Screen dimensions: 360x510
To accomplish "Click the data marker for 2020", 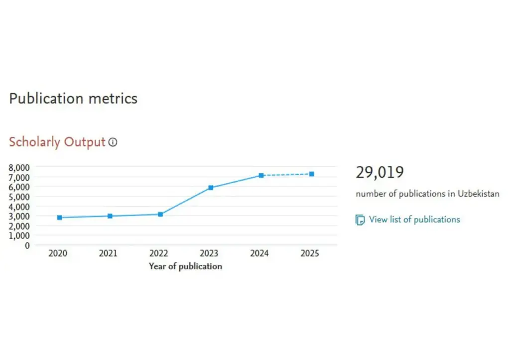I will tap(60, 218).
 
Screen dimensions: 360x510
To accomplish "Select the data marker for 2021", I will tap(110, 216).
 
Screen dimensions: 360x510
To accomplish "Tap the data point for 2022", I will tap(160, 214).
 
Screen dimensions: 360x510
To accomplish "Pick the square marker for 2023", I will tap(211, 188).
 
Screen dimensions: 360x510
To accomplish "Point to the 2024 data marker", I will tap(261, 175).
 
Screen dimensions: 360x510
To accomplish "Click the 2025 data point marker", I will tap(312, 174).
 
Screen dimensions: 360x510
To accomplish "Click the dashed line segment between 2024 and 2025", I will tap(286, 175).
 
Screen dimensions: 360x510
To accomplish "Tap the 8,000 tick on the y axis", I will tap(19, 167).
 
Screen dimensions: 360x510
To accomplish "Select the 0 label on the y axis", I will tap(27, 245).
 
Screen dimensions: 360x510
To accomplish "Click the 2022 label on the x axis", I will tap(158, 253).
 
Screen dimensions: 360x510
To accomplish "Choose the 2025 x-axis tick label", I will tap(310, 253).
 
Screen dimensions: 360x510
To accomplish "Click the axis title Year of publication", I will tap(185, 266).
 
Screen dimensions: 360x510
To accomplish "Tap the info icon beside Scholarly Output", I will tap(113, 142).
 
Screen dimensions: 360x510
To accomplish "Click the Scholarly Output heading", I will tap(57, 142).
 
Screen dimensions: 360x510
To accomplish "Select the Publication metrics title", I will tap(73, 98).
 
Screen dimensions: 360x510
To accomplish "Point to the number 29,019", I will tap(380, 172).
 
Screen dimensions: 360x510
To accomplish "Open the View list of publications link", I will tap(414, 220).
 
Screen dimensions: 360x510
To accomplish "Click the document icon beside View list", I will tap(360, 220).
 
